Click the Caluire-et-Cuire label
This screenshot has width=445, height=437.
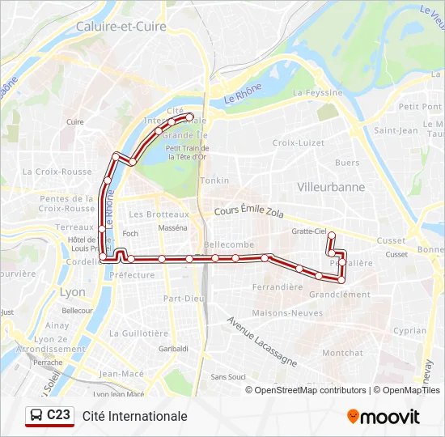pyautogui.click(x=121, y=26)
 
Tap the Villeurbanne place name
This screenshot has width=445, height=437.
pyautogui.click(x=331, y=186)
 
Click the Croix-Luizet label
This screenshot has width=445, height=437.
pyautogui.click(x=299, y=142)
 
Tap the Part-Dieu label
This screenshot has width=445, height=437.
pyautogui.click(x=183, y=298)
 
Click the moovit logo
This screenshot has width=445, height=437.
pyautogui.click(x=384, y=417)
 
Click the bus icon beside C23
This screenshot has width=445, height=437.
pyautogui.click(x=36, y=416)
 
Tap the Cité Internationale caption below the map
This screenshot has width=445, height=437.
pyautogui.click(x=134, y=416)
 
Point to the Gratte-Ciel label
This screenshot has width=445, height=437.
pyautogui.click(x=309, y=231)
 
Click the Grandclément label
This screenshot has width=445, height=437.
pyautogui.click(x=339, y=295)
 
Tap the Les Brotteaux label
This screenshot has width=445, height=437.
pyautogui.click(x=159, y=214)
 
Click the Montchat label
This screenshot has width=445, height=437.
pyautogui.click(x=343, y=353)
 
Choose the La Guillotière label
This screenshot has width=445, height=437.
pyautogui.click(x=138, y=333)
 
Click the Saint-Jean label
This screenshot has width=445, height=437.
pyautogui.click(x=396, y=130)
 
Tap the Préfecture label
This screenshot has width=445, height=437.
pyautogui.click(x=131, y=275)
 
